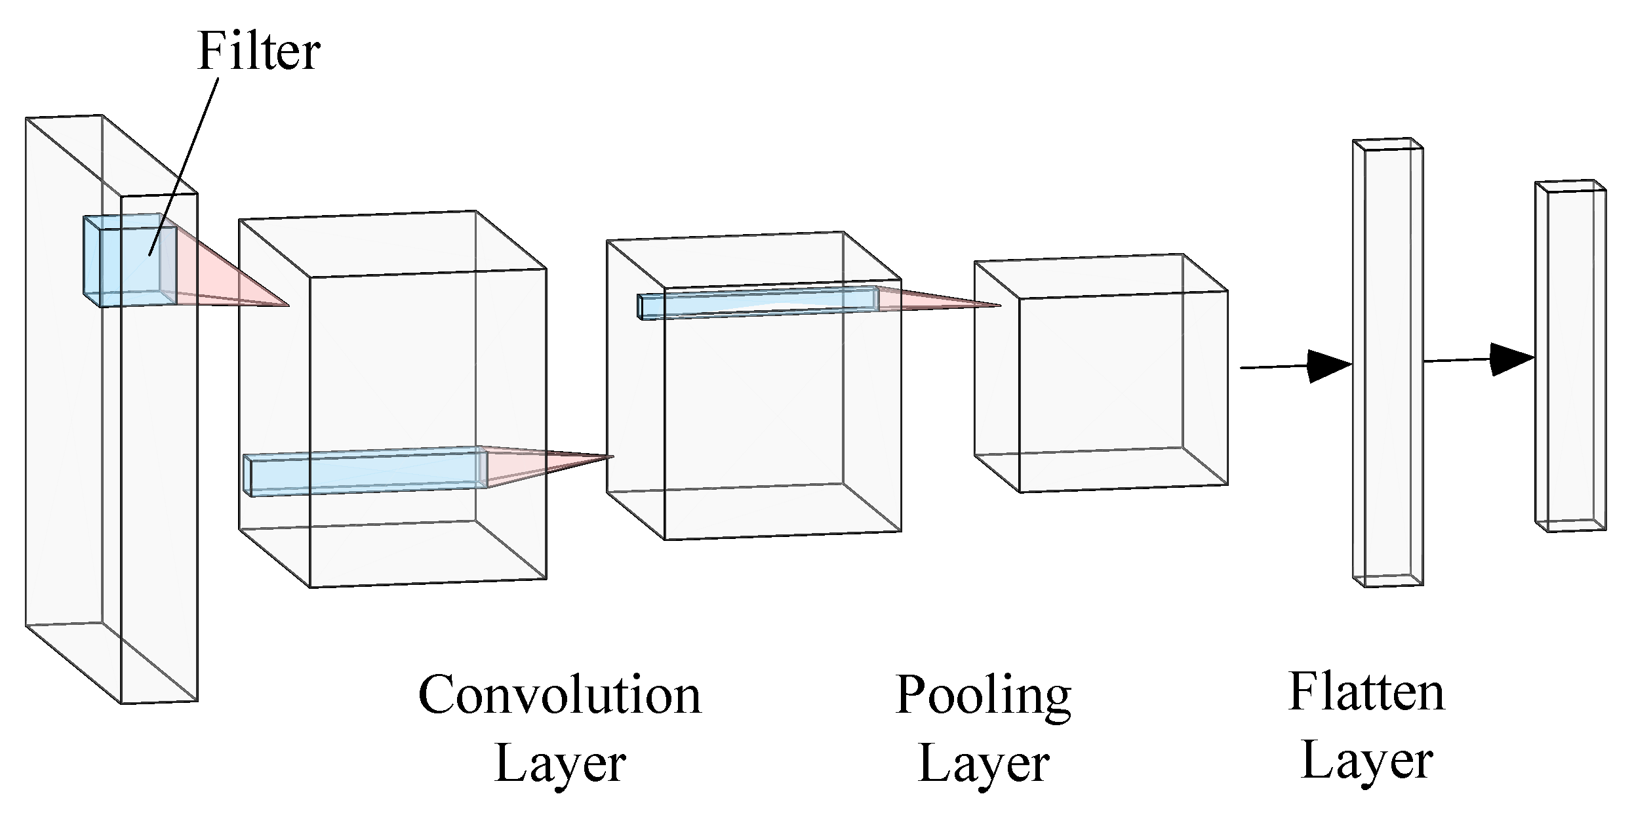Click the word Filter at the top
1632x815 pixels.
(x=258, y=52)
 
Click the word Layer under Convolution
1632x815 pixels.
(x=559, y=764)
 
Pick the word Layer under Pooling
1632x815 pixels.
(x=984, y=764)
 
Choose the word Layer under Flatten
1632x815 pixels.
(x=1366, y=761)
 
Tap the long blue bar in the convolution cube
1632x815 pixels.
(x=365, y=471)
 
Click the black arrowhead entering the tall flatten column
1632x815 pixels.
(x=1328, y=366)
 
